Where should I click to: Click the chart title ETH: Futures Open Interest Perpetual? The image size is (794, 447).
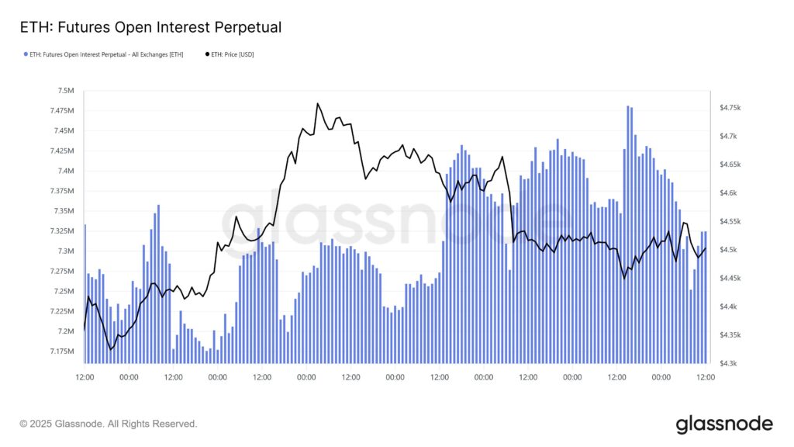150,27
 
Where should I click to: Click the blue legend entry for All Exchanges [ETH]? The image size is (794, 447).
104,54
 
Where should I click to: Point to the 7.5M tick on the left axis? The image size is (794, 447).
64,91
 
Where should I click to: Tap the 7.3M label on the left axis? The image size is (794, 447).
64,251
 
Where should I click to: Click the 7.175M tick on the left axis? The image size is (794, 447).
60,352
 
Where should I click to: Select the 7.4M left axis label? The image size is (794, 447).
64,171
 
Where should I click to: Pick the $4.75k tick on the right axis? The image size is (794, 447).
733,107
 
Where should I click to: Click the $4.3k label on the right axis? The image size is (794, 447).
730,363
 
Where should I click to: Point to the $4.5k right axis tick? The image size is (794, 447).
730,250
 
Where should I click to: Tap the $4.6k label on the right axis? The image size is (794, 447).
730,192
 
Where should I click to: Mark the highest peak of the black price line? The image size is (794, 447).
318,103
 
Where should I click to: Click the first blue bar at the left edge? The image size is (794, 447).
85,295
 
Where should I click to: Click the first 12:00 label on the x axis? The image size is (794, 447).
85,377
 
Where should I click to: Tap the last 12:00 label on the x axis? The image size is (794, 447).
706,377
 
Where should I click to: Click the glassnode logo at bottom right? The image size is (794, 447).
724,424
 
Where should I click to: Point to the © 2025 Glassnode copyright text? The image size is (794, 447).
109,424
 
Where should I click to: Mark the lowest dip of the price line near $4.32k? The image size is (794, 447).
111,349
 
